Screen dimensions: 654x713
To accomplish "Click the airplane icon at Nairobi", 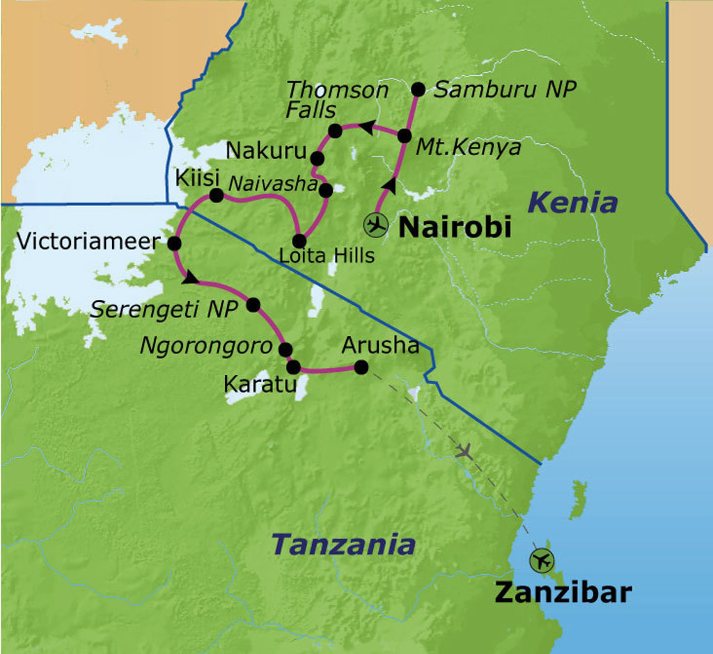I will click(x=376, y=225).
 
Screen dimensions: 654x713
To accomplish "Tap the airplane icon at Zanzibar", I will click(x=541, y=560).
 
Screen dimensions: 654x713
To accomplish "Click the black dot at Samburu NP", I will click(x=418, y=89).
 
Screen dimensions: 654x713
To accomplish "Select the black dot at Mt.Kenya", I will click(x=404, y=136).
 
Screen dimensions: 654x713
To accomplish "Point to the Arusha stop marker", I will click(x=361, y=367).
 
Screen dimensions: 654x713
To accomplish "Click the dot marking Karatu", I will click(x=293, y=367).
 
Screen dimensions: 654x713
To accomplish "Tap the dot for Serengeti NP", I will click(x=253, y=305).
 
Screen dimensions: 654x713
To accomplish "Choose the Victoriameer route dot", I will click(x=174, y=243).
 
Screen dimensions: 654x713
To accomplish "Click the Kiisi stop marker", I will click(x=216, y=196).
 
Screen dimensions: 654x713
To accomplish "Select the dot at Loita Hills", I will click(x=299, y=241).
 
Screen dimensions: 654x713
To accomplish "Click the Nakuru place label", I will click(x=267, y=151).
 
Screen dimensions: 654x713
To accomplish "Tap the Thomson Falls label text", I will click(x=337, y=99).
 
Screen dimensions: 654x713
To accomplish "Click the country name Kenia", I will click(x=572, y=203).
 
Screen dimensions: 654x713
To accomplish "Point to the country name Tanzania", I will click(x=343, y=544).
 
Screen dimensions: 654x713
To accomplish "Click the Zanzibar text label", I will click(x=563, y=593).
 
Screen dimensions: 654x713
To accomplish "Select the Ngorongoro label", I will click(x=206, y=346).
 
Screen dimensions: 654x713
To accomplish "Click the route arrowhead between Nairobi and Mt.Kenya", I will click(x=391, y=186).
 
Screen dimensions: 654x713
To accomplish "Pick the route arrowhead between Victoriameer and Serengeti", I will click(x=190, y=278).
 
